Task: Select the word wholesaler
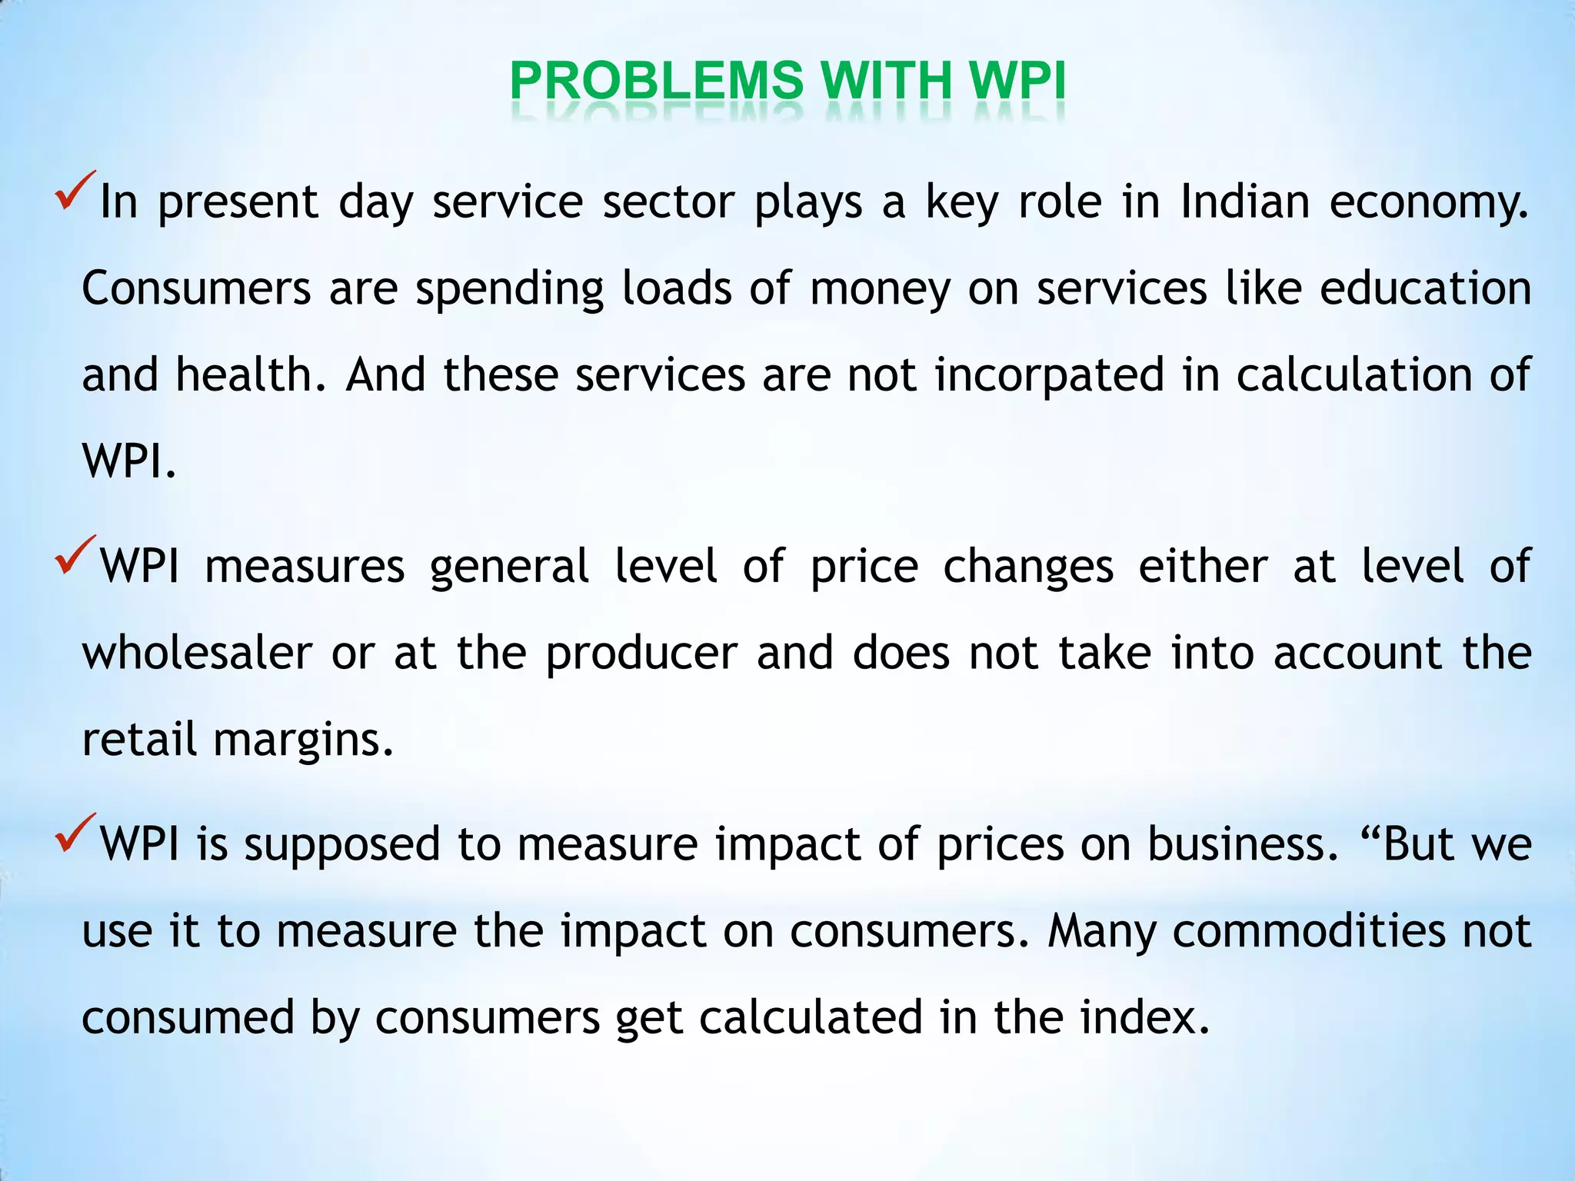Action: click(197, 653)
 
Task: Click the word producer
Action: click(641, 653)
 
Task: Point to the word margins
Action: click(303, 740)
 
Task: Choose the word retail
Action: click(139, 739)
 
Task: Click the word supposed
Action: click(342, 845)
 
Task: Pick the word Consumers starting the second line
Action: click(196, 288)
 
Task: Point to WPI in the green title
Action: click(1017, 81)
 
